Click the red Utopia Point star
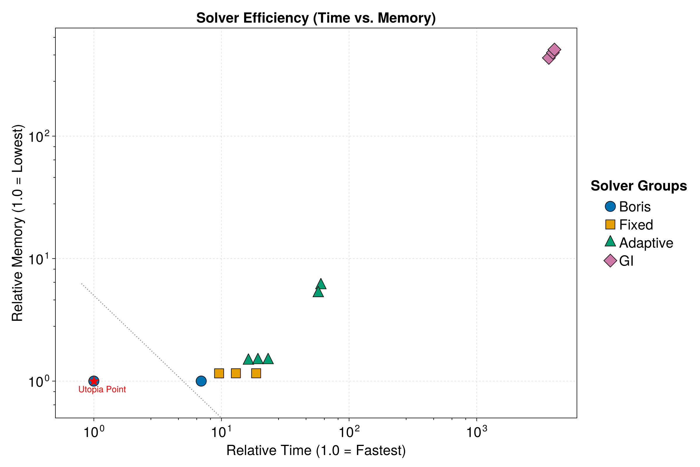(x=94, y=381)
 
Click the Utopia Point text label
(x=102, y=390)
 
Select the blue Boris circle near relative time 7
(x=201, y=381)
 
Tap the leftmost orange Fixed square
(x=219, y=373)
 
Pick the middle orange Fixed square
(x=236, y=373)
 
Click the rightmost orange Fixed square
(x=256, y=373)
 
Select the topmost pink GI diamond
(x=554, y=50)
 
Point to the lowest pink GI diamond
(x=549, y=58)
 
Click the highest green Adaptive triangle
(x=321, y=284)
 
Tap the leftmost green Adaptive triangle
(x=248, y=360)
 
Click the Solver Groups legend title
(x=639, y=186)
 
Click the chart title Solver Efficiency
(x=316, y=18)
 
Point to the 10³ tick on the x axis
(x=477, y=433)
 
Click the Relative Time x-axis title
(x=316, y=451)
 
